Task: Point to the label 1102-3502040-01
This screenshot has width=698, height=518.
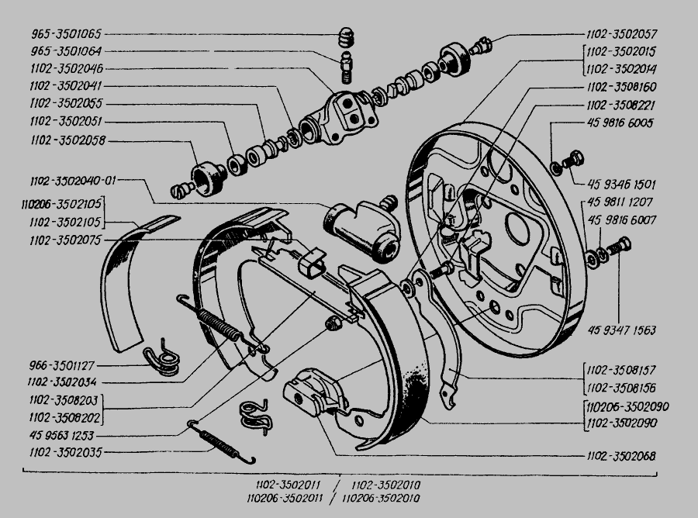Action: [x=73, y=181]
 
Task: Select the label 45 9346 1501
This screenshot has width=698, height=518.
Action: [x=618, y=185]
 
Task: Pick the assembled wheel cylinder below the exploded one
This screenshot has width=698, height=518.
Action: [x=361, y=229]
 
